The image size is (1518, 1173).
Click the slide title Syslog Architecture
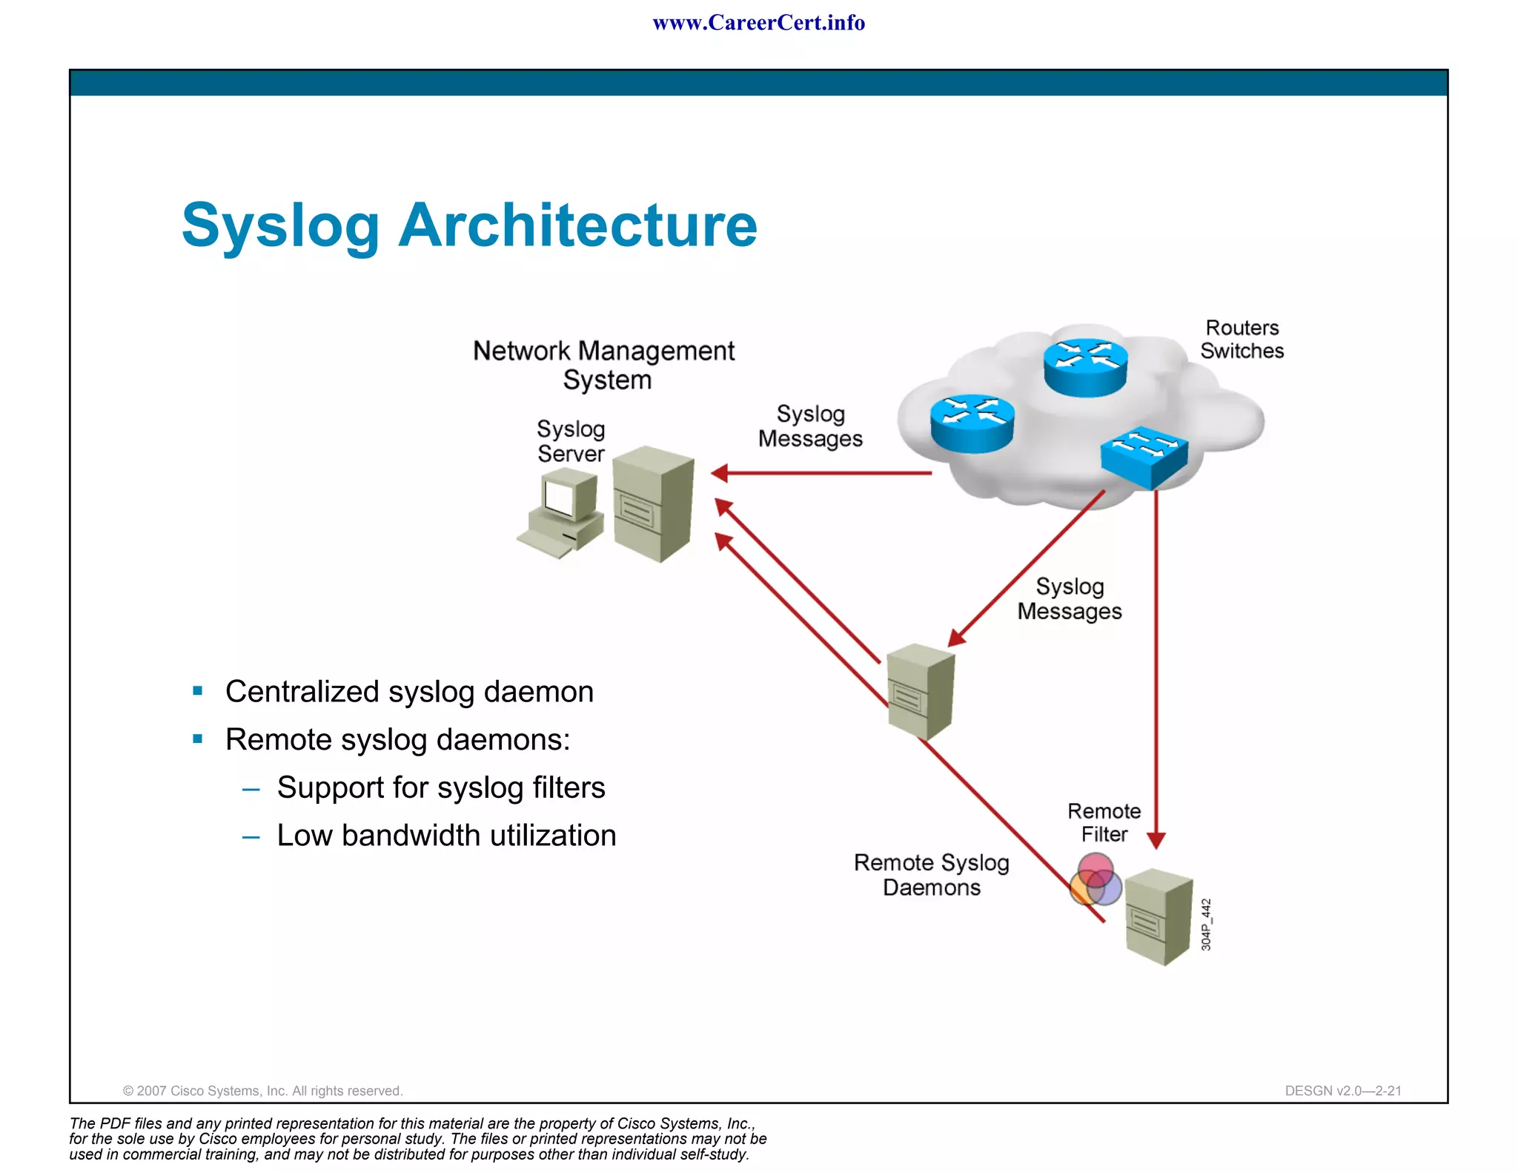pyautogui.click(x=469, y=225)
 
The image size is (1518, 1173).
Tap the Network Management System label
pyautogui.click(x=604, y=365)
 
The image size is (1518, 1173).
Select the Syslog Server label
pyautogui.click(x=571, y=441)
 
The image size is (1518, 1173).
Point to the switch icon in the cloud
pyautogui.click(x=1144, y=456)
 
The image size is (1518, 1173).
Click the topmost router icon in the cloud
pyautogui.click(x=1085, y=366)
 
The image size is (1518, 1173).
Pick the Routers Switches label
pyautogui.click(x=1242, y=339)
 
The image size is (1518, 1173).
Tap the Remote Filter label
pyautogui.click(x=1104, y=822)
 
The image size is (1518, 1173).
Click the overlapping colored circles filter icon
pyautogui.click(x=1096, y=879)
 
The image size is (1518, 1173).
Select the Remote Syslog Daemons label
pyautogui.click(x=932, y=875)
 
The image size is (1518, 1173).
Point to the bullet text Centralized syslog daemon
pyautogui.click(x=409, y=692)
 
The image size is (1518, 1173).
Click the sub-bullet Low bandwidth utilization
pyautogui.click(x=446, y=836)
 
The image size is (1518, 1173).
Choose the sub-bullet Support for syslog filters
pyautogui.click(x=441, y=787)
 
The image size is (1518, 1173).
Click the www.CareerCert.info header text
pyautogui.click(x=758, y=23)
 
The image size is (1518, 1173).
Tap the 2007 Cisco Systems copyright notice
pyautogui.click(x=262, y=1091)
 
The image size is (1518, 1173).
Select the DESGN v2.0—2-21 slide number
pyautogui.click(x=1343, y=1091)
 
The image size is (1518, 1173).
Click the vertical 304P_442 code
pyautogui.click(x=1206, y=925)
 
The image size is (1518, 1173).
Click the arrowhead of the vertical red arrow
pyautogui.click(x=1156, y=840)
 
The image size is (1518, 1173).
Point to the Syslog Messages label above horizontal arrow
pyautogui.click(x=810, y=426)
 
